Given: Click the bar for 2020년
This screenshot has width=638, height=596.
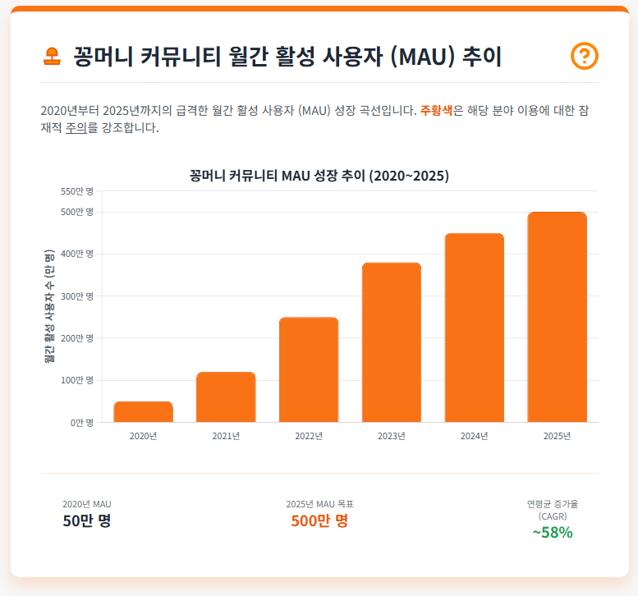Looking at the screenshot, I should click(143, 412).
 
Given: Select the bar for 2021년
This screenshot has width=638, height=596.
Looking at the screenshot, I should click(226, 397).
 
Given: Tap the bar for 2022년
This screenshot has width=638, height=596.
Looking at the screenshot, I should click(309, 369).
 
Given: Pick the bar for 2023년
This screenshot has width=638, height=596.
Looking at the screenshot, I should click(392, 342).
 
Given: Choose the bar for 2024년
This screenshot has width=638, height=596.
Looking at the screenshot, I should click(475, 328).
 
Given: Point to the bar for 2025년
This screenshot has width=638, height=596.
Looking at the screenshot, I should click(558, 317).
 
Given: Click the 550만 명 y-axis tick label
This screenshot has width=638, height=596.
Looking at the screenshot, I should click(78, 191).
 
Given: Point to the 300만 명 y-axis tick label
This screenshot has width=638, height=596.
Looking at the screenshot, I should click(78, 296).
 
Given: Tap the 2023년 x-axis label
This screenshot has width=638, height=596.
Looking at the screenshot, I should click(392, 436).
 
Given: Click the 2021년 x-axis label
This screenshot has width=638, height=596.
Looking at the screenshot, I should click(226, 436).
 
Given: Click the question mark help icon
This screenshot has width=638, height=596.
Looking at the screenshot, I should click(584, 56).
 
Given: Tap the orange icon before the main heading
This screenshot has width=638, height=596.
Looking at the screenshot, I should click(52, 57).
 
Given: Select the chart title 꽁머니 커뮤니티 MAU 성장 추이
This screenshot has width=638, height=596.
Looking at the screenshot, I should click(319, 176).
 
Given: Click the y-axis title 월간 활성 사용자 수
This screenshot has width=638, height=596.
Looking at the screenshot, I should click(49, 306).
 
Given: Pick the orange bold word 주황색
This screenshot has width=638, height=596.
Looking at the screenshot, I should click(436, 111).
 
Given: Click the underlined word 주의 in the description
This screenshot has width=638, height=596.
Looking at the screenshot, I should click(76, 128).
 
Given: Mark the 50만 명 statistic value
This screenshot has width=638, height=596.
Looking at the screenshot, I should click(86, 520).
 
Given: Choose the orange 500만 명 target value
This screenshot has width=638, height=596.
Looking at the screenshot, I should click(319, 520).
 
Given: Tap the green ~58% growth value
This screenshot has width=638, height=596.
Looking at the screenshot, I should click(552, 532).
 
